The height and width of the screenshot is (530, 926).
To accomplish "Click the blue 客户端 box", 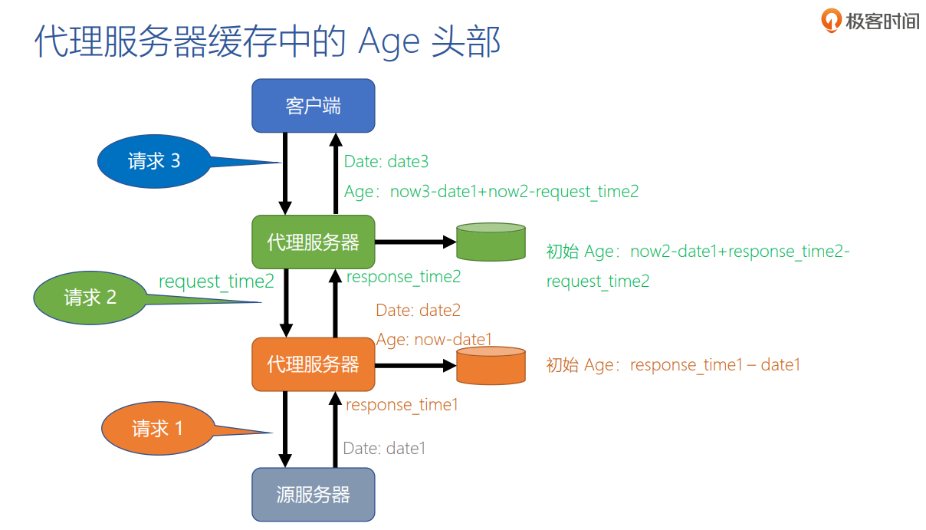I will tap(314, 105).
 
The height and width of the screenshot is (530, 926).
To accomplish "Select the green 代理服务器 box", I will tap(314, 242).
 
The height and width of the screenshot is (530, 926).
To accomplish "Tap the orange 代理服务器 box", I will tap(314, 364).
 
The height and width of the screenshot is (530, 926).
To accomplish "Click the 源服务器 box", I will tap(314, 495).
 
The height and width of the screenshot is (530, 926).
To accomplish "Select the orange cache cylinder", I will tap(491, 365).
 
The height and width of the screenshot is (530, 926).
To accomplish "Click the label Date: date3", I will tap(386, 161).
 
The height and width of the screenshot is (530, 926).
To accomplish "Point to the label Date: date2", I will tap(418, 311).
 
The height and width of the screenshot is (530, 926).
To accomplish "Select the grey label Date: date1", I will tap(384, 448).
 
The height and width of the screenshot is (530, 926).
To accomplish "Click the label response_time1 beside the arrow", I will tap(402, 404).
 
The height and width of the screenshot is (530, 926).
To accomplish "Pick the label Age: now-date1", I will tap(434, 339).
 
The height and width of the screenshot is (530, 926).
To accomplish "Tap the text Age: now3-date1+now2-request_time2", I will tap(491, 192).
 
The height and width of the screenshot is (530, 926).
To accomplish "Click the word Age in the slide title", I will tap(389, 42).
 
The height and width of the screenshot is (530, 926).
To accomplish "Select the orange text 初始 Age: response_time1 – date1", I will tap(673, 365).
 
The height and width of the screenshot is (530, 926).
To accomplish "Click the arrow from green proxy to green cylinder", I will tap(415, 242).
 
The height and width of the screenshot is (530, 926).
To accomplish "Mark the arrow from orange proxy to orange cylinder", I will tap(415, 365).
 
